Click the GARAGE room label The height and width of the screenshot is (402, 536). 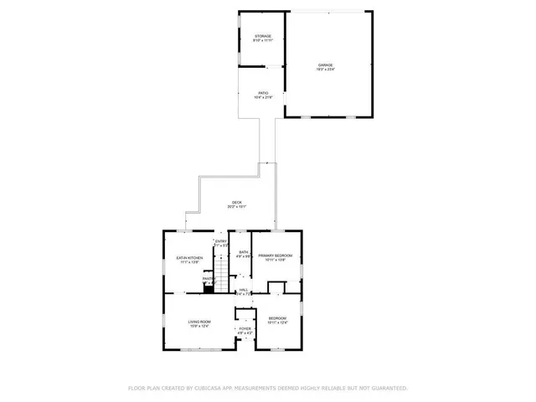[324, 64]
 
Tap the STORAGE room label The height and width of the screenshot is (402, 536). [264, 36]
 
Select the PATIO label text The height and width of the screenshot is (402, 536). [263, 94]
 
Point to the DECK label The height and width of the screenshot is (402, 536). [237, 203]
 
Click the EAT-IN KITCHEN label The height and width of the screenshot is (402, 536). [188, 258]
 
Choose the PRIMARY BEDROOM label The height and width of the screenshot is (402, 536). [277, 255]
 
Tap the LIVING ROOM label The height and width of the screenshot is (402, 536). [198, 322]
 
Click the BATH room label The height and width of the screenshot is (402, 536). [243, 252]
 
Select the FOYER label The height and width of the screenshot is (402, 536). [245, 329]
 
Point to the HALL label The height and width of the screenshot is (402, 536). [244, 290]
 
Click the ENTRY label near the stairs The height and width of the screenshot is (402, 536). [221, 242]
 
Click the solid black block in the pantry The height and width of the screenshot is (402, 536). [208, 285]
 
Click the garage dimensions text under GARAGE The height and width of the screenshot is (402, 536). [324, 70]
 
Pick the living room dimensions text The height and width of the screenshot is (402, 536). [198, 327]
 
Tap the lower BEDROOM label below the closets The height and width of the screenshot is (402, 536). [277, 318]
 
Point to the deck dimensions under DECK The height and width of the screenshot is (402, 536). [237, 208]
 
